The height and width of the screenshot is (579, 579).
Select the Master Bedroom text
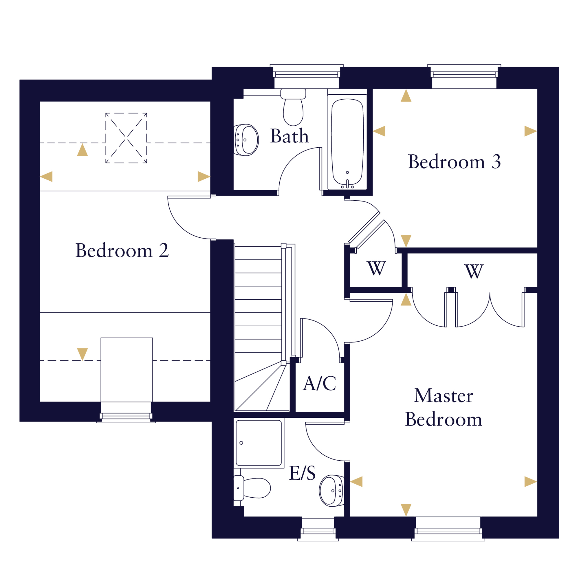point(444,407)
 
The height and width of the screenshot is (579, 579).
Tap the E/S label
point(302,473)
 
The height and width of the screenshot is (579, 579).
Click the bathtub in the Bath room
point(347,142)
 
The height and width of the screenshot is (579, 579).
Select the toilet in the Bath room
point(293,107)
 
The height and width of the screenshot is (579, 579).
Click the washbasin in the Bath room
point(246,140)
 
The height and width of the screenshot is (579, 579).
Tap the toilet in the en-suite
point(252,488)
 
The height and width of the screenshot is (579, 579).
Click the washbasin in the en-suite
point(332,491)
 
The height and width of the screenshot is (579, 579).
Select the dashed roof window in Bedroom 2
point(126,138)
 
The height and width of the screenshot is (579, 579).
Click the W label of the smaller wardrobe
point(376,268)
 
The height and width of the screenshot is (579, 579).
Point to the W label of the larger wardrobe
point(474,271)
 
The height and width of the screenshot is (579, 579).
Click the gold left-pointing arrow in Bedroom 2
point(46,177)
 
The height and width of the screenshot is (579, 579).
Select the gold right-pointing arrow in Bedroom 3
point(530,131)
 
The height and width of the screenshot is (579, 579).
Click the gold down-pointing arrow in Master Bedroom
point(406,510)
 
